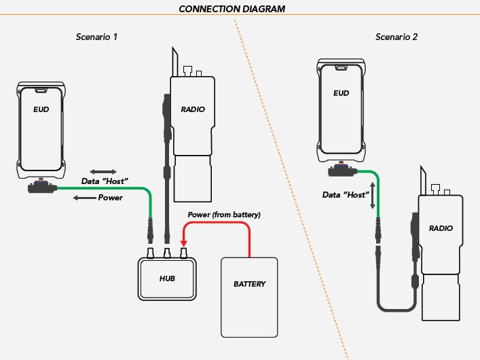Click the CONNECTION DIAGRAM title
(232, 9)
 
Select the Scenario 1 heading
(96, 37)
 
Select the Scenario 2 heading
(396, 37)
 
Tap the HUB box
(168, 279)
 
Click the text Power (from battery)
(225, 215)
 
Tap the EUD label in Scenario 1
(41, 108)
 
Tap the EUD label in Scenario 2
(341, 93)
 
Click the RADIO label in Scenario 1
(193, 109)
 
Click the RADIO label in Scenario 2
(441, 229)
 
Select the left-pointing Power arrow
(84, 198)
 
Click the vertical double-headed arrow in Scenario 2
(371, 196)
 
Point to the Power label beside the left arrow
(111, 198)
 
